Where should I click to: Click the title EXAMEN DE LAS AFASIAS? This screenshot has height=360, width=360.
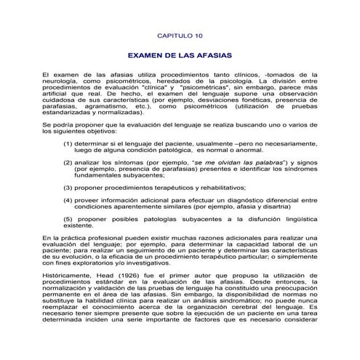[180, 55]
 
